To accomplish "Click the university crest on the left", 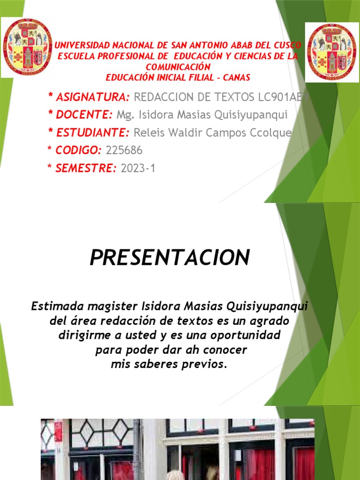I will (x=27, y=47).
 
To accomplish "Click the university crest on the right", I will (x=332, y=52).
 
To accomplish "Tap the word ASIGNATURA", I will (x=92, y=97).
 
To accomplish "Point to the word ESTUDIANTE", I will (x=92, y=133).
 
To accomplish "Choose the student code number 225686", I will (x=124, y=150).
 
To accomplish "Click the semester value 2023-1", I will (x=138, y=168).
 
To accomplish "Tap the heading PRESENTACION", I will (x=170, y=257).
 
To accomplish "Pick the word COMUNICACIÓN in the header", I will (x=178, y=67).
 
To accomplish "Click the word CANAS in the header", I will (x=237, y=77).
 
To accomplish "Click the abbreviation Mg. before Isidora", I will (x=125, y=115).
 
